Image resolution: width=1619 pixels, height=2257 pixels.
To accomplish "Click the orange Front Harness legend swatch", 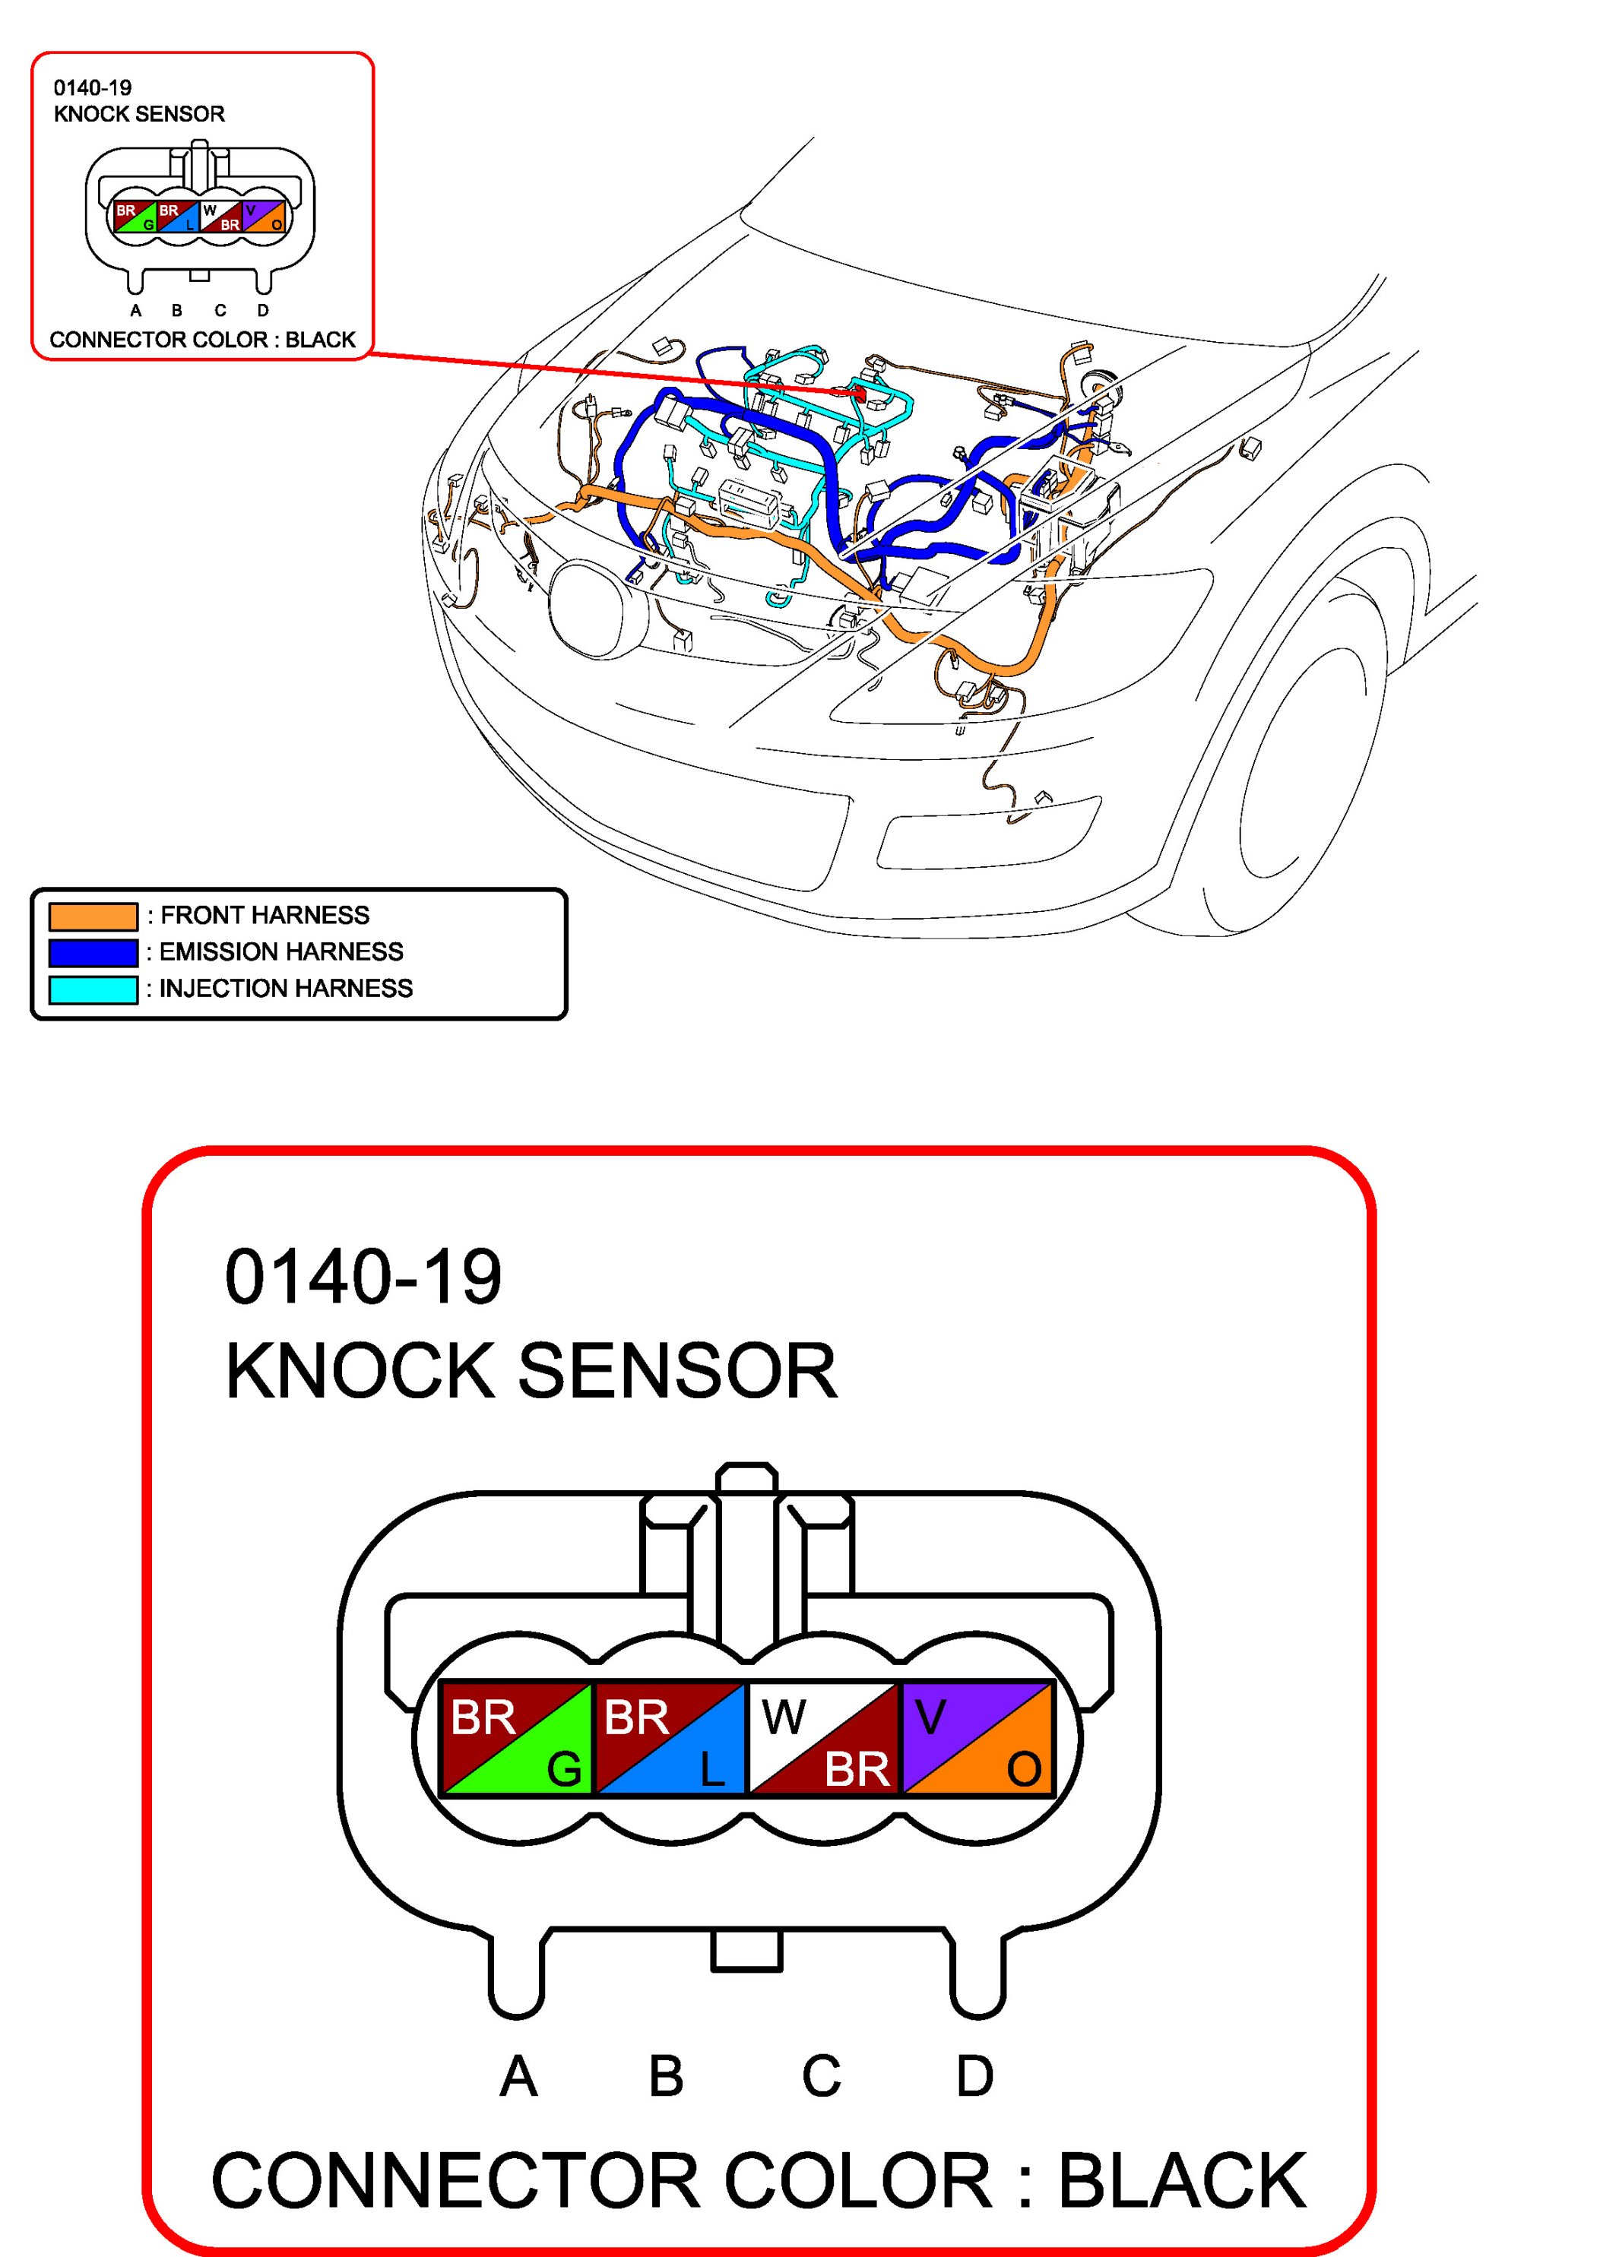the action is tap(93, 916).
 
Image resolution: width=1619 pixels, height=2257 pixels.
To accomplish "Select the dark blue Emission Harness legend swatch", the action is tap(93, 952).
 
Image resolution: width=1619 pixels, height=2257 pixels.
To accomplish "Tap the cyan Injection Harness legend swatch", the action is tap(93, 989).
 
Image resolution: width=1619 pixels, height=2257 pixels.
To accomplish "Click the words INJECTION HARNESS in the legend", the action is tap(286, 988).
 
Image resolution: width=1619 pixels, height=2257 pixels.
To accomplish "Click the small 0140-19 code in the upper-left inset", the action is tap(93, 87).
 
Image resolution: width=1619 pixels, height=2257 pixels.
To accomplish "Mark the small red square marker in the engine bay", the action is tap(860, 395).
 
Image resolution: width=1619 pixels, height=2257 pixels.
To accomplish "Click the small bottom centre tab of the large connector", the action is tap(746, 1952).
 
